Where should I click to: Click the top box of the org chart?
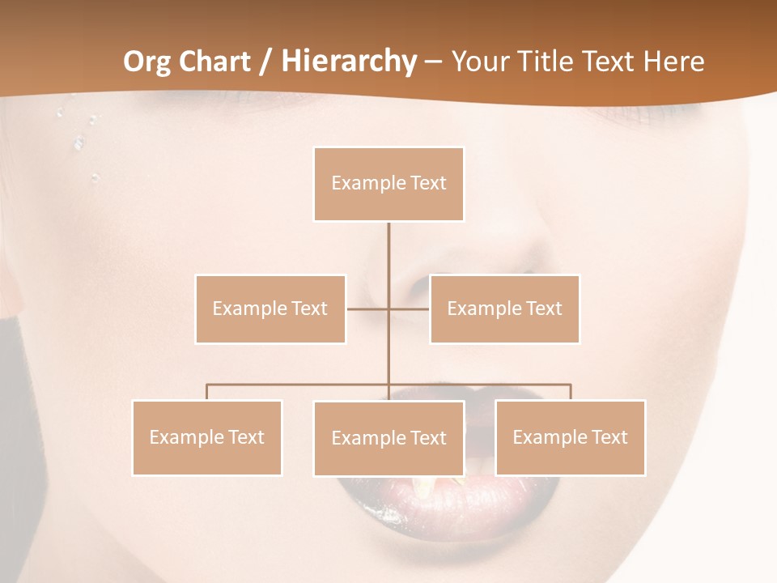coord(388,184)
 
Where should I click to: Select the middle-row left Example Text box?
coord(270,309)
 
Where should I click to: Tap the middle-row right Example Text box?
coord(504,309)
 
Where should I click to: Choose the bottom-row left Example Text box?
coord(207,437)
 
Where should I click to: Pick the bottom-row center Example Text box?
coord(388,438)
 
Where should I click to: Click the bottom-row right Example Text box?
coord(570,437)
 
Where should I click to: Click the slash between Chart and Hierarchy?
coord(265,62)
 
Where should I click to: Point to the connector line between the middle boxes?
coord(368,309)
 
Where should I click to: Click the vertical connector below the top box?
coord(388,251)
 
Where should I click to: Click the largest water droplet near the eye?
coord(79,143)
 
